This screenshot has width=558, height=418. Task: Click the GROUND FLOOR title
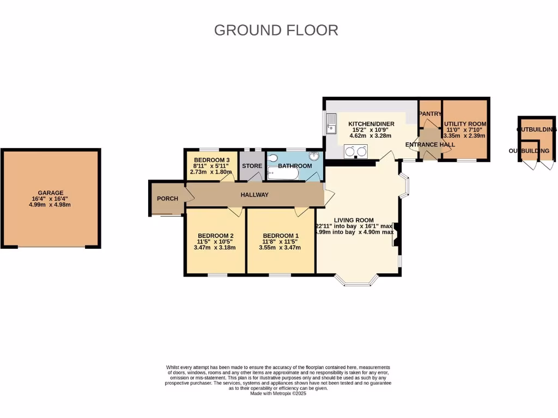[x=276, y=30]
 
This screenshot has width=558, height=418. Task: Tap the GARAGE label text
[x=51, y=193]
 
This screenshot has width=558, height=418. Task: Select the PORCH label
[x=167, y=199]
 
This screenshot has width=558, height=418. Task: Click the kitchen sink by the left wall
[x=331, y=124]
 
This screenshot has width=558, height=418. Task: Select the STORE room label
[x=252, y=166]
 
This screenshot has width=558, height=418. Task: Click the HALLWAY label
[x=254, y=195]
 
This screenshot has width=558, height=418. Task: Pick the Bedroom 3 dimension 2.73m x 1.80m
[x=211, y=172]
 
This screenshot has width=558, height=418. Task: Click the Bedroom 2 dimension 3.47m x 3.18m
[x=215, y=248]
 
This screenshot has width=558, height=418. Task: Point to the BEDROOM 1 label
[x=281, y=236]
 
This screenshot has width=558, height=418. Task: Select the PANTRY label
[x=430, y=114]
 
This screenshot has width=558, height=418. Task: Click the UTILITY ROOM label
[x=465, y=124]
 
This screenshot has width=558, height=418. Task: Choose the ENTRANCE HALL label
[x=430, y=144]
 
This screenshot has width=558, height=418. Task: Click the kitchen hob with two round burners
[x=355, y=152]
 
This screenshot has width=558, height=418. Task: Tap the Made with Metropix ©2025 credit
[x=278, y=394]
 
